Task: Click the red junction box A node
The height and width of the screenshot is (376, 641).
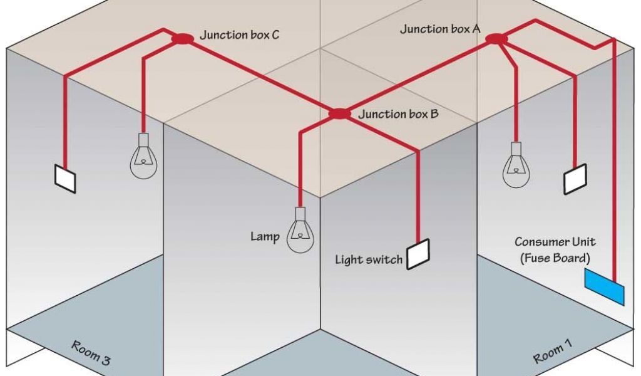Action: tap(496, 39)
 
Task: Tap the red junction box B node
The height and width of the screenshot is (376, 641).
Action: tap(340, 114)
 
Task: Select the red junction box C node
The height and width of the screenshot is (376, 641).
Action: tap(182, 39)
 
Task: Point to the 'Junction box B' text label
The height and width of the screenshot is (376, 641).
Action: tap(398, 115)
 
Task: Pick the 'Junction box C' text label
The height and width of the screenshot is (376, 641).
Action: tap(239, 34)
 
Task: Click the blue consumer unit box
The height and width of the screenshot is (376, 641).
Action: tap(604, 286)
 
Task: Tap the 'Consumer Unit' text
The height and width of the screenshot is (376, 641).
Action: tap(555, 242)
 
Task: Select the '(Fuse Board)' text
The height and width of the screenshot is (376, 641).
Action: tap(555, 257)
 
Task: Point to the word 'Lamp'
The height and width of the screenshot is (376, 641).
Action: tap(264, 236)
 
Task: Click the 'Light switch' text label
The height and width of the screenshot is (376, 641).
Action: tap(368, 259)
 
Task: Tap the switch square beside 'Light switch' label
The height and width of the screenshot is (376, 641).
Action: tap(419, 254)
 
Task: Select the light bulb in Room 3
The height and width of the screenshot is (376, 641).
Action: tap(143, 161)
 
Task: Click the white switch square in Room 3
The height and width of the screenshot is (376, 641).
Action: tap(66, 179)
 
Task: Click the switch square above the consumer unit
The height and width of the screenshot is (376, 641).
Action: tap(575, 180)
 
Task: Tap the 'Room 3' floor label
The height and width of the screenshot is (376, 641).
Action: tap(91, 352)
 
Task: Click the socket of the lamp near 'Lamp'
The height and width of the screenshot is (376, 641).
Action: tap(300, 213)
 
